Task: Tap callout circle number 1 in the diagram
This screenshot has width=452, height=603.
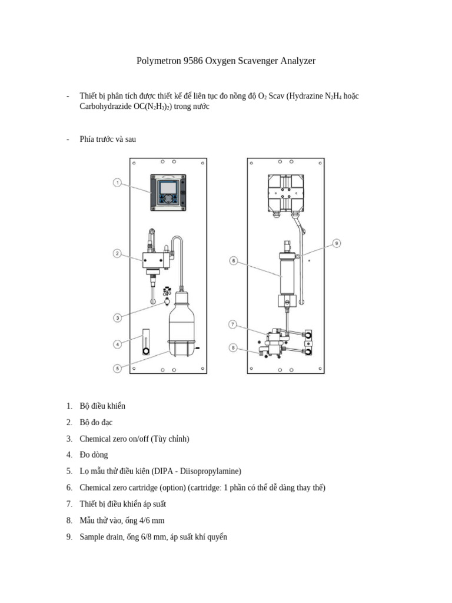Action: [117, 183]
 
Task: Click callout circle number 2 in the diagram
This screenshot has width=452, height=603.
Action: [117, 254]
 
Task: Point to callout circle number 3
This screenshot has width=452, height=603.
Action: [117, 318]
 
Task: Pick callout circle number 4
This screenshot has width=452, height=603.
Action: [117, 344]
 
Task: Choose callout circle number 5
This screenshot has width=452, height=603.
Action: [117, 369]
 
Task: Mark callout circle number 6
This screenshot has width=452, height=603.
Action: [234, 260]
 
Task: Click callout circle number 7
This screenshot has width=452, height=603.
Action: [234, 324]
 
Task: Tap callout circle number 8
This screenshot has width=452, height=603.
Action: [234, 348]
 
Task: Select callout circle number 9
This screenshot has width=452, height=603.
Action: [337, 243]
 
